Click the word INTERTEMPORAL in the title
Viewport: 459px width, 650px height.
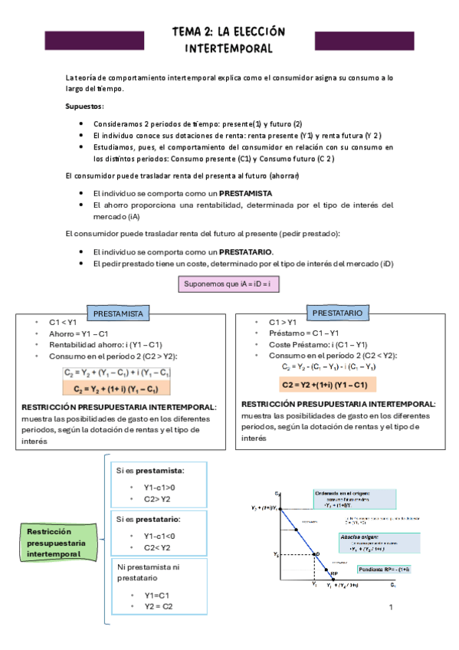(x=229, y=48)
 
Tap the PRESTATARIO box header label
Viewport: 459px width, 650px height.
(x=337, y=313)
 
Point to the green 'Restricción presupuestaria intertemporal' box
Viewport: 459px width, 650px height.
(x=53, y=543)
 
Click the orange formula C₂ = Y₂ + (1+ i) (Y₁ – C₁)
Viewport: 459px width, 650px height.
(x=116, y=389)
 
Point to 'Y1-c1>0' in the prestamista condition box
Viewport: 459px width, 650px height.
(x=159, y=487)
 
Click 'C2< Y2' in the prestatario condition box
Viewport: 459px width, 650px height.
(x=156, y=547)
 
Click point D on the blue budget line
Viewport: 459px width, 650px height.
(x=316, y=553)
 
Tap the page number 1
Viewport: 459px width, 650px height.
(x=391, y=608)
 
